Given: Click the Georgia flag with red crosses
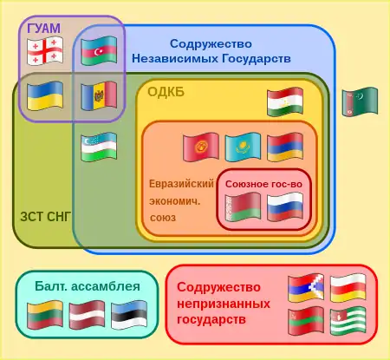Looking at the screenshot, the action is coord(45,50).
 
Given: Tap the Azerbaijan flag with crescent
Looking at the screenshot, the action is coord(99,50).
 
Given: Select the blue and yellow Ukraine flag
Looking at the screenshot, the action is coord(45,95).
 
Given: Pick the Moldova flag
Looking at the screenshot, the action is coord(99,95).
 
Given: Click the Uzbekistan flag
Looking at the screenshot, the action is coord(99,147).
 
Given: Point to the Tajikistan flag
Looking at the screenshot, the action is coord(285,101).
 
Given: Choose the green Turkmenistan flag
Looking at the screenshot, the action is coord(360,101).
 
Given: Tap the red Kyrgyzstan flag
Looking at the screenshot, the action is coord(201,147).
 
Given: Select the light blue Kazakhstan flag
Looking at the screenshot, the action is coord(243,147).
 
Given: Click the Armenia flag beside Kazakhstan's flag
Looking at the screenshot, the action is coord(285,147).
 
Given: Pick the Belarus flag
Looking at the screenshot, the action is coord(243,207).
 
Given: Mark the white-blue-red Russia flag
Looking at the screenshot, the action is coord(285,207).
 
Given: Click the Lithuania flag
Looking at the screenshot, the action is coord(45,315).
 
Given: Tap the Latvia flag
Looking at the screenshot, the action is coord(87,315).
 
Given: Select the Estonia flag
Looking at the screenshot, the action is coord(129,315).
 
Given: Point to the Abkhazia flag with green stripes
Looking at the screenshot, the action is coord(348,321).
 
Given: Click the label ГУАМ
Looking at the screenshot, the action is coord(44,29).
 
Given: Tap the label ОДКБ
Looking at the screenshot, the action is coord(166,92).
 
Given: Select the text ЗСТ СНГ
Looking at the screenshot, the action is coord(45,217).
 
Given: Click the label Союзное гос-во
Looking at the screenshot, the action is coord(263,184).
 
